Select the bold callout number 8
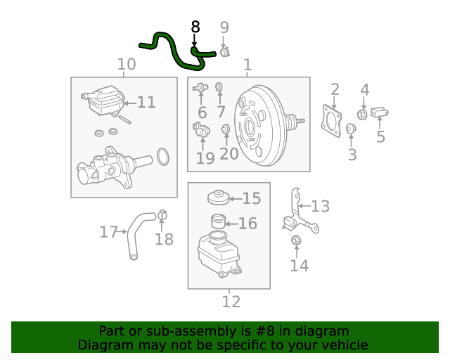coord(195,27)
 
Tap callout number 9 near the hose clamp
coord(224,27)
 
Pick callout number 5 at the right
coord(380,136)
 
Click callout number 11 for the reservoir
coord(146,103)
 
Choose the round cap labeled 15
coord(219,198)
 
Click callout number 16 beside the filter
coord(247,224)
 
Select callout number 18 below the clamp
coord(163,240)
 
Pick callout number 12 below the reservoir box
coord(231,302)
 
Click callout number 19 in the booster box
coord(205,158)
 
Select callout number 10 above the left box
coord(126,65)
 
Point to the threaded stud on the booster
coord(298,121)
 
